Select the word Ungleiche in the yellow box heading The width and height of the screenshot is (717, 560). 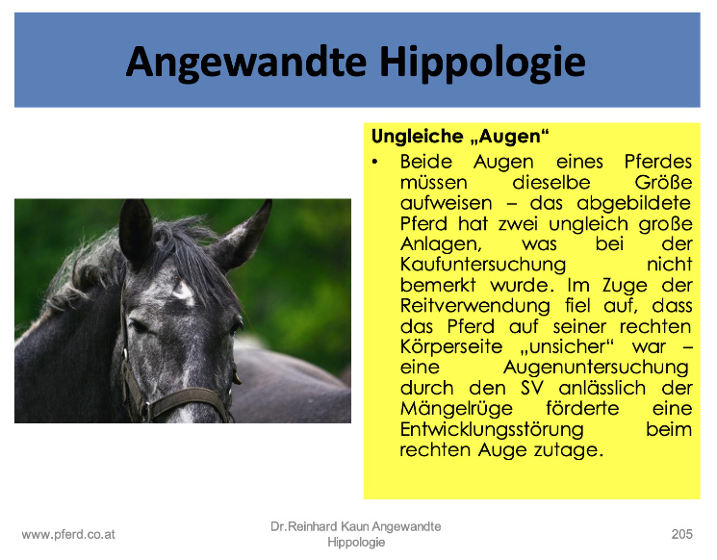click(417, 137)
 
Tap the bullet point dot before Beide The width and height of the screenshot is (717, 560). click(375, 162)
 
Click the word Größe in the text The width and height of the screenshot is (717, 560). click(663, 183)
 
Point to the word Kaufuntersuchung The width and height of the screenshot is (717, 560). click(483, 265)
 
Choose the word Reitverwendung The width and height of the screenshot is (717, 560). click(475, 305)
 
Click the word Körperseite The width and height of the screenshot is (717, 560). click(451, 346)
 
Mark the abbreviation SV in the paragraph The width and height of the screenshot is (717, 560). click(532, 388)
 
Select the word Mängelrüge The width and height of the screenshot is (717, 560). click(456, 409)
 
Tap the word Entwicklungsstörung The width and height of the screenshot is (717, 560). click(492, 429)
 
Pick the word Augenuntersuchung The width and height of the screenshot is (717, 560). click(596, 368)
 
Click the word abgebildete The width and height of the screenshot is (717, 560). click(634, 203)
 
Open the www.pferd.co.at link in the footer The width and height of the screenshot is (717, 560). click(68, 534)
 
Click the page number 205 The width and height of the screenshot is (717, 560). click(681, 534)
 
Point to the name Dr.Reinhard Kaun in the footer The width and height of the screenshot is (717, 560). click(320, 526)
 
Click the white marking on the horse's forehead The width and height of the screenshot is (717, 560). click(184, 292)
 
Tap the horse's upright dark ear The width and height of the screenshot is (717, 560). click(136, 231)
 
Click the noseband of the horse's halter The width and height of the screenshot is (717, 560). click(183, 399)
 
